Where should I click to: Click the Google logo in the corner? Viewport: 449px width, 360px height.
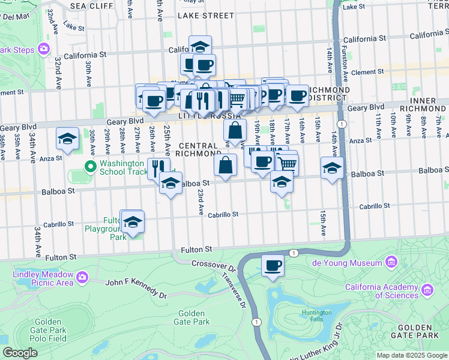click(20, 353)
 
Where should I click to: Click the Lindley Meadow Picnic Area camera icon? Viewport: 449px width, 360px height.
click(81, 277)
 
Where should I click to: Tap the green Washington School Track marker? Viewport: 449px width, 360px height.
click(91, 166)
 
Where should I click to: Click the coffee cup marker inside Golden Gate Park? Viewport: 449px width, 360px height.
click(273, 265)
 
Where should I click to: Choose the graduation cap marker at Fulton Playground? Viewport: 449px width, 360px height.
click(132, 222)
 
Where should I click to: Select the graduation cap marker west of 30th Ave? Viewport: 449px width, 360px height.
click(67, 139)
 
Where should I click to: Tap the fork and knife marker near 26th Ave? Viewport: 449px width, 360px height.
click(158, 168)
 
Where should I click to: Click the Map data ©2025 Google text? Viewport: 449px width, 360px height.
click(412, 355)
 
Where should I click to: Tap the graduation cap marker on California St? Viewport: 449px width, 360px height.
click(200, 46)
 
